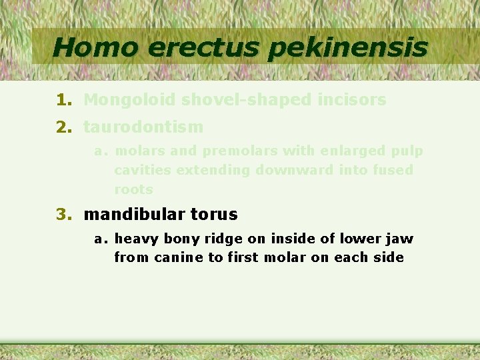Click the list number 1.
[x=63, y=100]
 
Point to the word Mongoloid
[x=130, y=100]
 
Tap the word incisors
[x=355, y=100]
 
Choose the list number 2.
[x=63, y=126]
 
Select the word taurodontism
[x=143, y=126]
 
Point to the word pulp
[x=408, y=151]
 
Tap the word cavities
[x=137, y=170]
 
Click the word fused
[x=393, y=170]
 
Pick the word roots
[x=133, y=189]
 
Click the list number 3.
[x=63, y=214]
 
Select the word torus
[x=214, y=214]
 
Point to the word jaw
[x=401, y=239]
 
